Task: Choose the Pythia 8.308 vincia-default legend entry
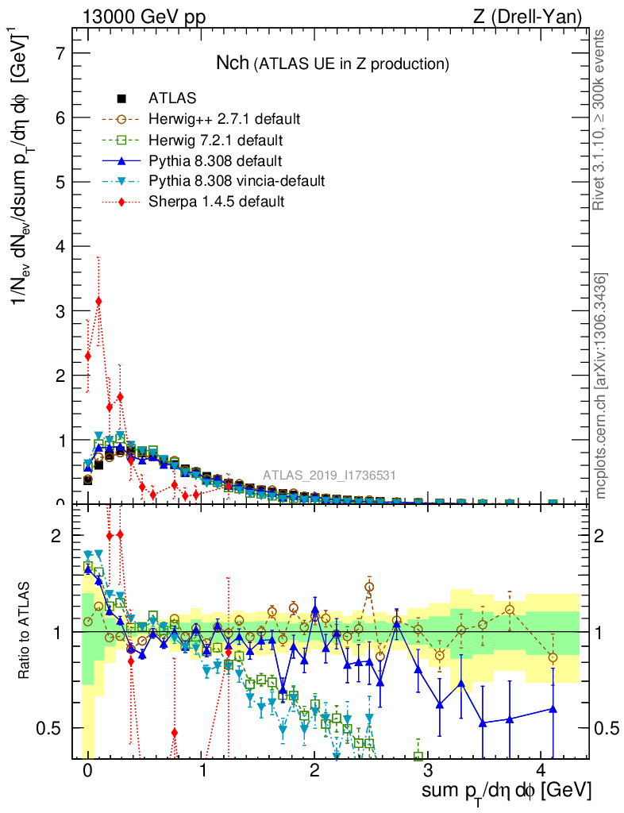237,182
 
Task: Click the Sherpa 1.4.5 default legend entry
216,202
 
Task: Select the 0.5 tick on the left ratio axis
50,728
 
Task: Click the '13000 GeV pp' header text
143,17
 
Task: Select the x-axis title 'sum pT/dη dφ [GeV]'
507,792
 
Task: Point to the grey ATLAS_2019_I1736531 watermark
329,476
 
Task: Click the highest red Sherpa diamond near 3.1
98,302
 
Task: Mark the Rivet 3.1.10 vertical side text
600,120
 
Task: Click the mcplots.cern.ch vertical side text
601,387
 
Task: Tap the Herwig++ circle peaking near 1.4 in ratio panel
369,588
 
